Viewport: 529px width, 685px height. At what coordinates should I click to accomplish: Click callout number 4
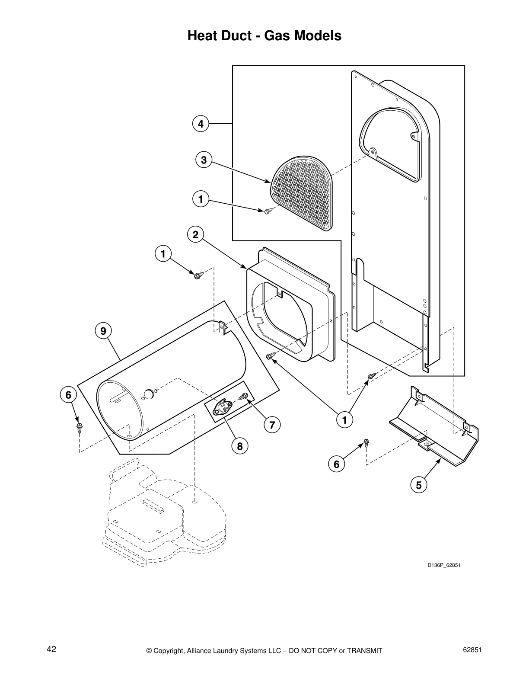pyautogui.click(x=200, y=124)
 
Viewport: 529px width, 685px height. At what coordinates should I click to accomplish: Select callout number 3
pyautogui.click(x=204, y=160)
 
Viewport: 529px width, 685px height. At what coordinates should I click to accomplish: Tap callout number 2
pyautogui.click(x=195, y=235)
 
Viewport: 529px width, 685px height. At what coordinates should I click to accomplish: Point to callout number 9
pyautogui.click(x=103, y=331)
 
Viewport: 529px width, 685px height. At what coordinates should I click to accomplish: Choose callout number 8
pyautogui.click(x=239, y=445)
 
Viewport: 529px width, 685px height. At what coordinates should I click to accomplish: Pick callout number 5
pyautogui.click(x=418, y=485)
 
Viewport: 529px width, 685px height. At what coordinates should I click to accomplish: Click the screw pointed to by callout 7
pyautogui.click(x=244, y=396)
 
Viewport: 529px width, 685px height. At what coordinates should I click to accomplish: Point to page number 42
pyautogui.click(x=51, y=649)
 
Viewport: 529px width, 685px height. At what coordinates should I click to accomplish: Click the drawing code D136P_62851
pyautogui.click(x=441, y=565)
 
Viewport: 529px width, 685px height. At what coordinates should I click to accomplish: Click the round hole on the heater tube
pyautogui.click(x=148, y=394)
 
